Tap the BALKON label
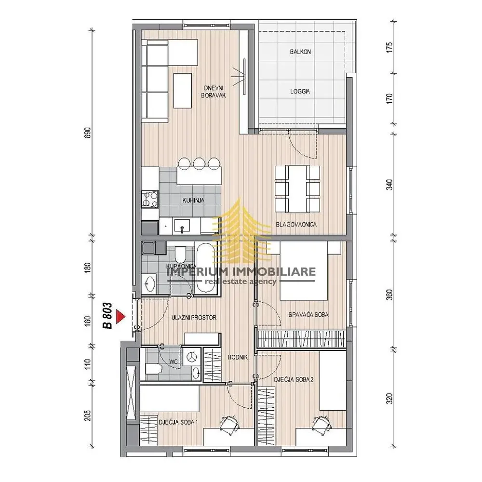(300, 52)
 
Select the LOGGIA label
(300, 91)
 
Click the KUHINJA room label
(193, 201)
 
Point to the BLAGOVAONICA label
(296, 225)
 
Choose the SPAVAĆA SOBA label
(308, 314)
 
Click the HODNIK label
(238, 357)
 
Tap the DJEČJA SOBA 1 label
(178, 422)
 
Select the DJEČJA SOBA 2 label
(294, 379)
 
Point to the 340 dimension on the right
(389, 185)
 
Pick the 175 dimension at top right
(389, 48)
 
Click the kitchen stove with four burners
(150, 199)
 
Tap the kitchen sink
(182, 226)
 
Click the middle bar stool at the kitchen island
(199, 163)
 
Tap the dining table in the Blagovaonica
(297, 189)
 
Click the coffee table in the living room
(183, 91)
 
